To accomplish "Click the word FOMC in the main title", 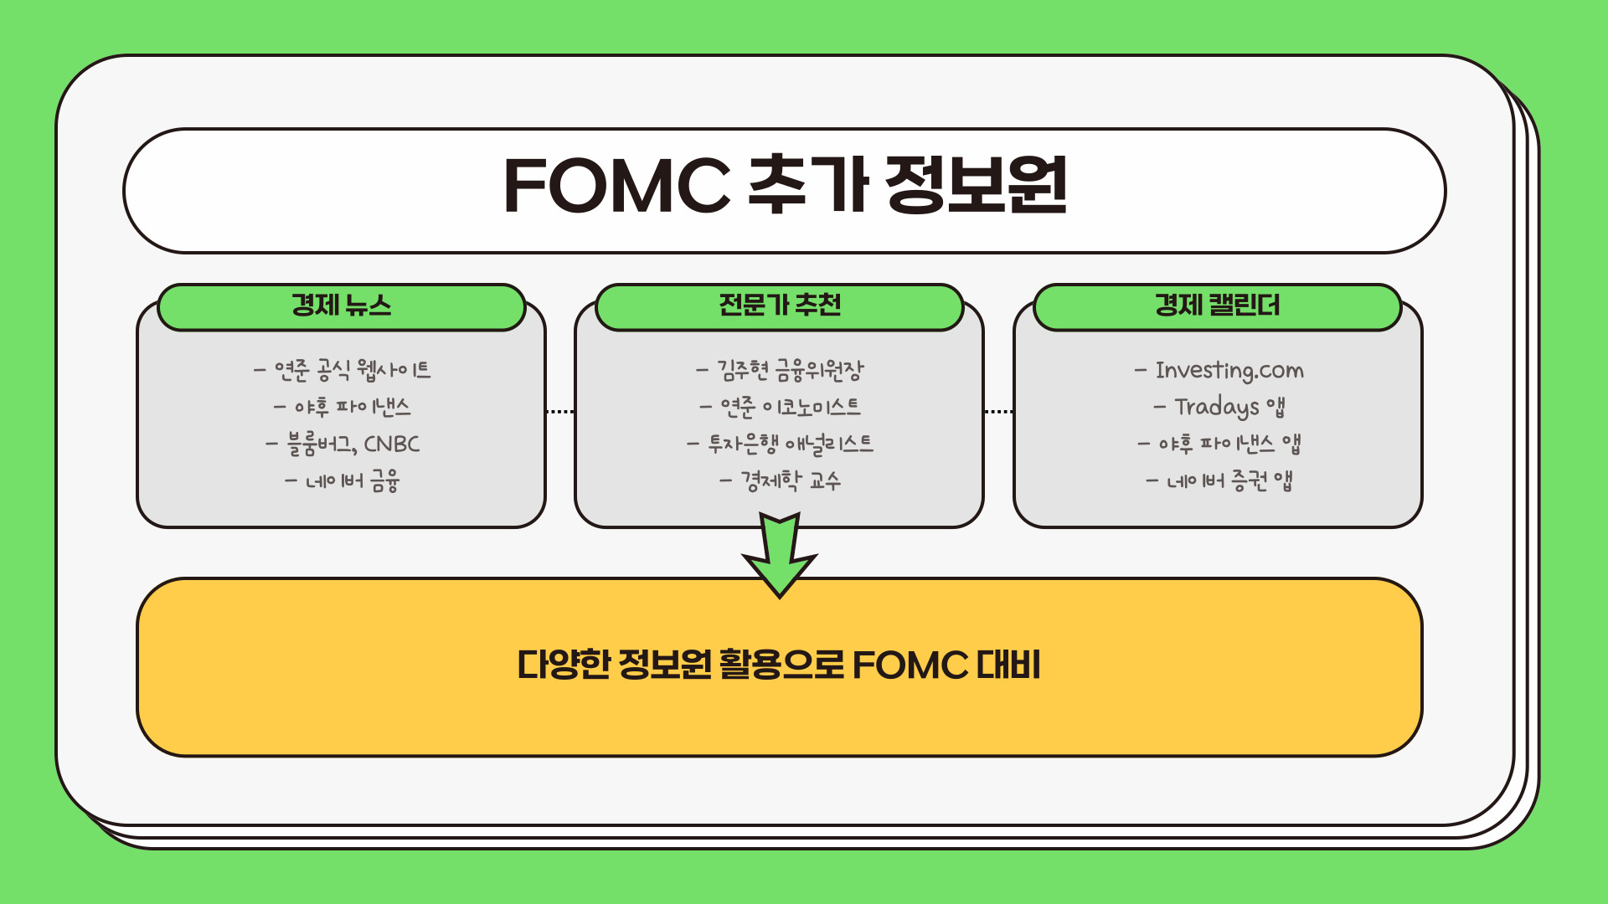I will click(x=616, y=186).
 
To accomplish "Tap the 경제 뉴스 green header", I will click(x=341, y=306).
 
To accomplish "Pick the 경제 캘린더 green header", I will click(x=1217, y=306).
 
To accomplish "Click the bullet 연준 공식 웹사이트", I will click(x=351, y=370).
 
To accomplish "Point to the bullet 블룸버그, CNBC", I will click(x=351, y=444).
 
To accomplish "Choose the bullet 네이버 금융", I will click(x=351, y=481).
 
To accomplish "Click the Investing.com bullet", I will click(x=1228, y=370).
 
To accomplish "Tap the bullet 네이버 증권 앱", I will click(x=1228, y=481).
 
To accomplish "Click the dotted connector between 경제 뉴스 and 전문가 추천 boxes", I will click(x=559, y=412).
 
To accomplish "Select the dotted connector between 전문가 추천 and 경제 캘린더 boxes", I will click(x=998, y=412).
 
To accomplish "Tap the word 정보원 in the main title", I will click(x=976, y=186).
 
